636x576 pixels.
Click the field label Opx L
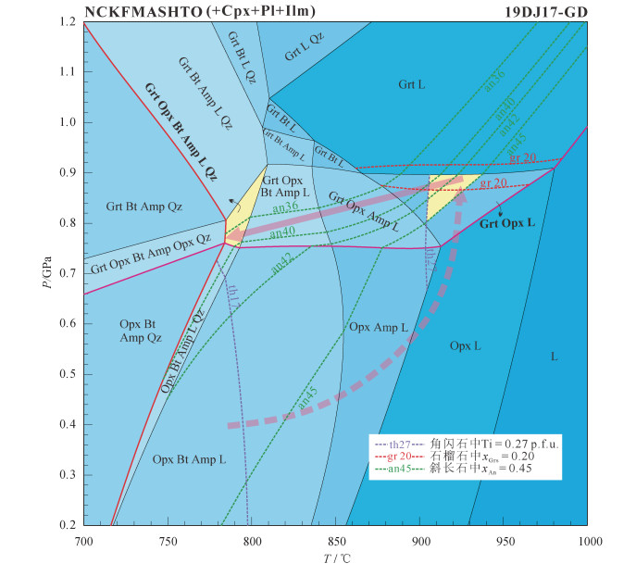[465, 346]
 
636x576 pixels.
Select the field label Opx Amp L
[377, 328]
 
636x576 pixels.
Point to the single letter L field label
[554, 357]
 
